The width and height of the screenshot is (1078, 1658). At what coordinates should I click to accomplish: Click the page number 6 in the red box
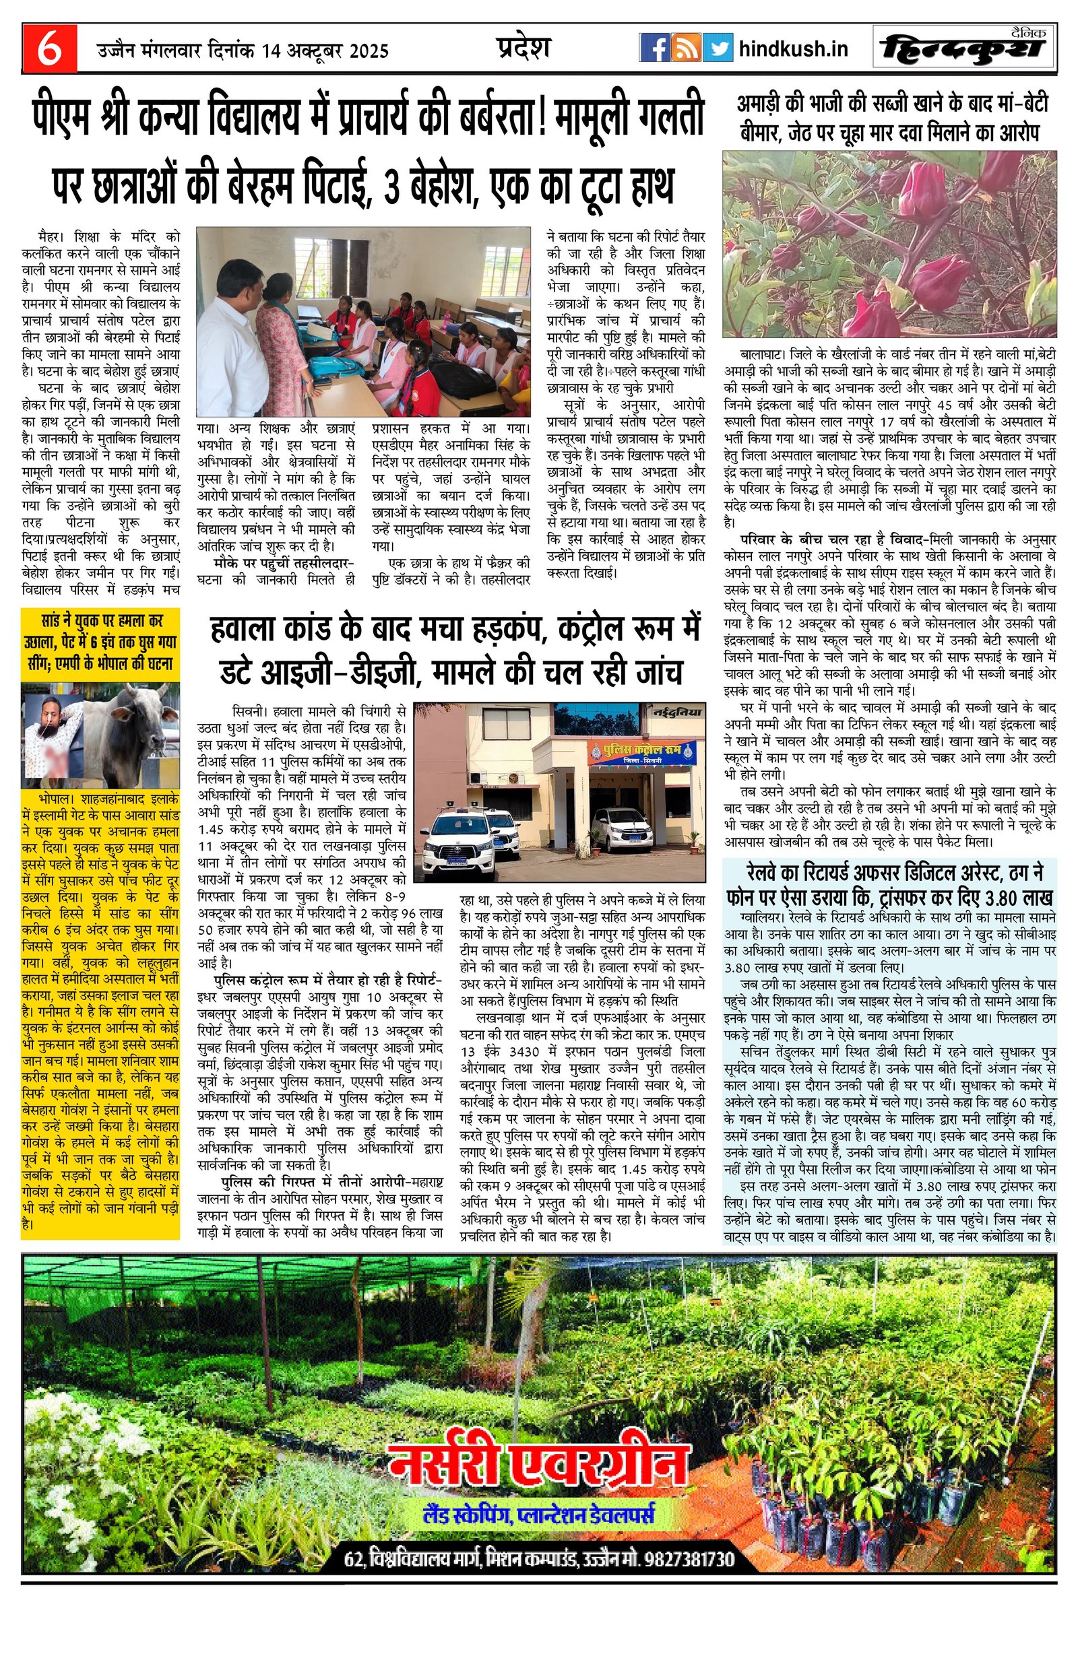[x=49, y=49]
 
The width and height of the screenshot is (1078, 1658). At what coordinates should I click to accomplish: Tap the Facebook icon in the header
[x=654, y=48]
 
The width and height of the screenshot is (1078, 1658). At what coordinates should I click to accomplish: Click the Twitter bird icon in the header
[x=717, y=48]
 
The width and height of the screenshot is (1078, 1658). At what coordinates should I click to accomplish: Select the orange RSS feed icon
[x=687, y=48]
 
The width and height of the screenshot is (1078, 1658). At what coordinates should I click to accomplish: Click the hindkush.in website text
[x=792, y=49]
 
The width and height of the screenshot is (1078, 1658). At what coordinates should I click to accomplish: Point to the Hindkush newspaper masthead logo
[x=962, y=48]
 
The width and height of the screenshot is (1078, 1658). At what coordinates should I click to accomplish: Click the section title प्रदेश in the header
[x=524, y=48]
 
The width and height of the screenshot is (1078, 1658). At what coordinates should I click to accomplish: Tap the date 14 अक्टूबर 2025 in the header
[x=325, y=51]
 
